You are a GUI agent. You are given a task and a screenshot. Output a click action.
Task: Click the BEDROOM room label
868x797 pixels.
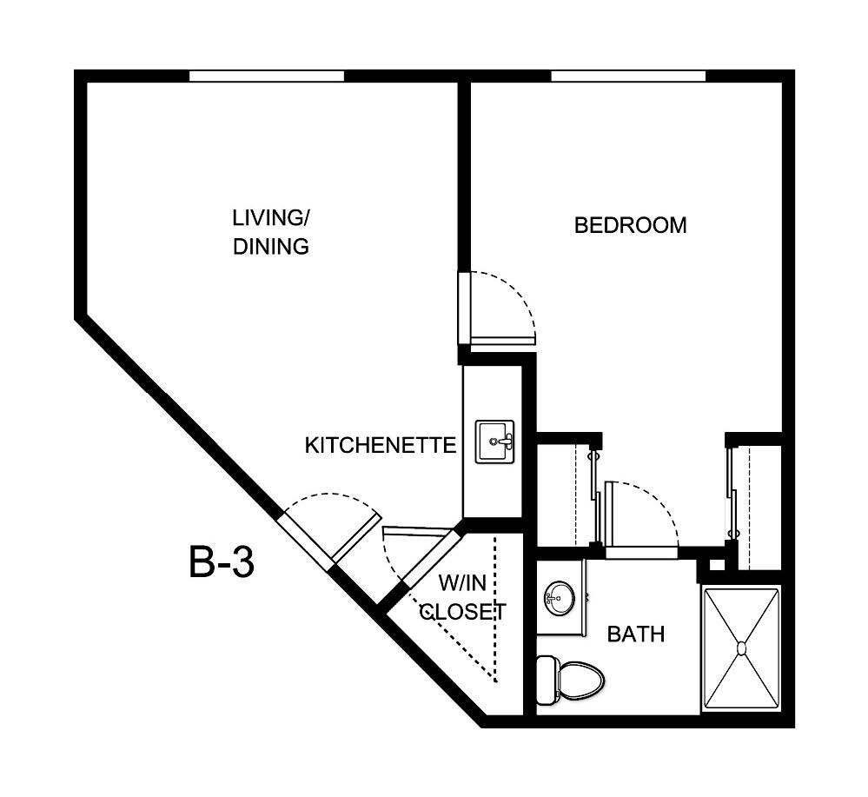tap(630, 226)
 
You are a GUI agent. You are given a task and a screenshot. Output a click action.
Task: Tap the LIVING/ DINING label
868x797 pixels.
tap(271, 232)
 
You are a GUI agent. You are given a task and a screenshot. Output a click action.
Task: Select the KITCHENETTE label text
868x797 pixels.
tap(380, 446)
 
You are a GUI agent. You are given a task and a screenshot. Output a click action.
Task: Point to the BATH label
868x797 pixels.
tap(635, 634)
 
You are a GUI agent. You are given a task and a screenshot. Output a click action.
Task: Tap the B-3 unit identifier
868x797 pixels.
tap(222, 562)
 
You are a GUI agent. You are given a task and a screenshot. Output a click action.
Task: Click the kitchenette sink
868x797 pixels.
tap(494, 442)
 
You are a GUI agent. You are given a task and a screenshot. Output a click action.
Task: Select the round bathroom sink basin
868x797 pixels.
tap(557, 597)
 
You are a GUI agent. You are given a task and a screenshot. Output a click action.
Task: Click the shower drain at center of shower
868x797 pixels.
tap(741, 648)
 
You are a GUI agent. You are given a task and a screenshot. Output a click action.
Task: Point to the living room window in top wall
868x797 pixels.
tap(267, 76)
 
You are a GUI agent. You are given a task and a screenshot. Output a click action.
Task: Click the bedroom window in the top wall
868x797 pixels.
tap(627, 76)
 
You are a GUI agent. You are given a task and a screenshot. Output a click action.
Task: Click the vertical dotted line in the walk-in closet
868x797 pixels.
tap(494, 608)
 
